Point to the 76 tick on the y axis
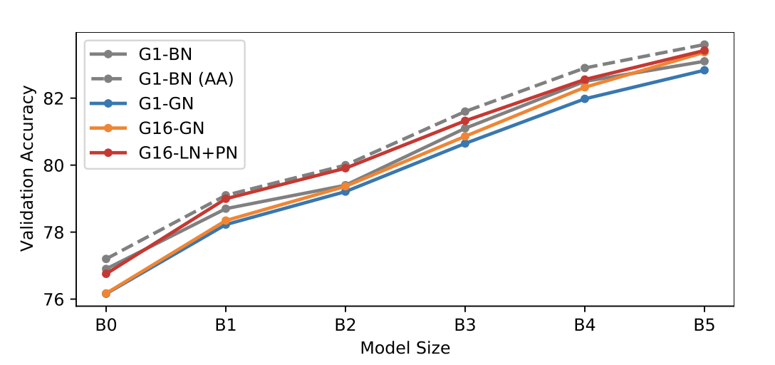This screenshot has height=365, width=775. pyautogui.click(x=61, y=300)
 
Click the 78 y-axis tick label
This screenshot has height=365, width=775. pyautogui.click(x=61, y=232)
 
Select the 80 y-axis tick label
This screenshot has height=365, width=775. pyautogui.click(x=61, y=165)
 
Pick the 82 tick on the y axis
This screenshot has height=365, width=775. pyautogui.click(x=61, y=98)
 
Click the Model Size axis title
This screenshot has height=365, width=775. pyautogui.click(x=405, y=348)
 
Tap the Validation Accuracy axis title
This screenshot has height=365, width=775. pyautogui.click(x=27, y=168)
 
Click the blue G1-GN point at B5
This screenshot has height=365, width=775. pyautogui.click(x=704, y=70)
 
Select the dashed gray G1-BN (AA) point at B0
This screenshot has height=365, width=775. pyautogui.click(x=106, y=259)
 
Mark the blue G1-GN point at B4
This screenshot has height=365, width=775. pyautogui.click(x=585, y=98)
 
